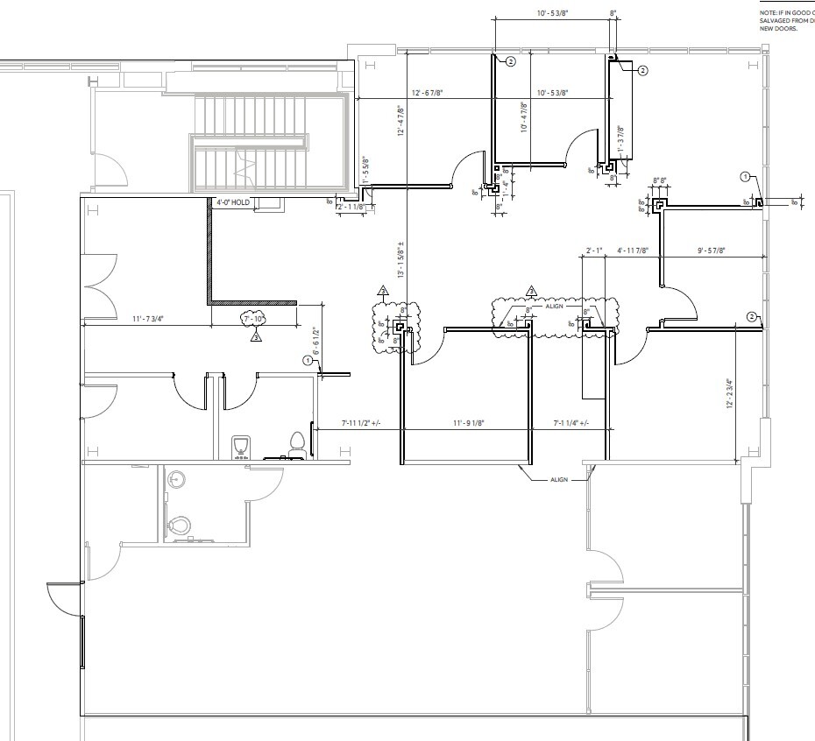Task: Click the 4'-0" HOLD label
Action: pyautogui.click(x=234, y=201)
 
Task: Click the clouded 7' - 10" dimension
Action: pyautogui.click(x=254, y=320)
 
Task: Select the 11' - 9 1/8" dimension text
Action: pyautogui.click(x=469, y=423)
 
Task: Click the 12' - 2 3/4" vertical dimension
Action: pyautogui.click(x=728, y=393)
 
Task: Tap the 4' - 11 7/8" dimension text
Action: pyautogui.click(x=632, y=251)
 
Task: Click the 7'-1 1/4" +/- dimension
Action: pyautogui.click(x=570, y=423)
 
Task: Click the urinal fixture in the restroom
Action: pyautogui.click(x=240, y=446)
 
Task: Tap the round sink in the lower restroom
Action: pyautogui.click(x=179, y=479)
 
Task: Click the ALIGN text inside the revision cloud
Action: pyautogui.click(x=554, y=306)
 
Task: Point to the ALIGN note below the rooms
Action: pyautogui.click(x=560, y=480)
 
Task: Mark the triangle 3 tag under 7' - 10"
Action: pyautogui.click(x=256, y=335)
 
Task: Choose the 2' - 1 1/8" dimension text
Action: pyautogui.click(x=350, y=207)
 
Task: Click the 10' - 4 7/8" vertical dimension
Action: pyautogui.click(x=523, y=116)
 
